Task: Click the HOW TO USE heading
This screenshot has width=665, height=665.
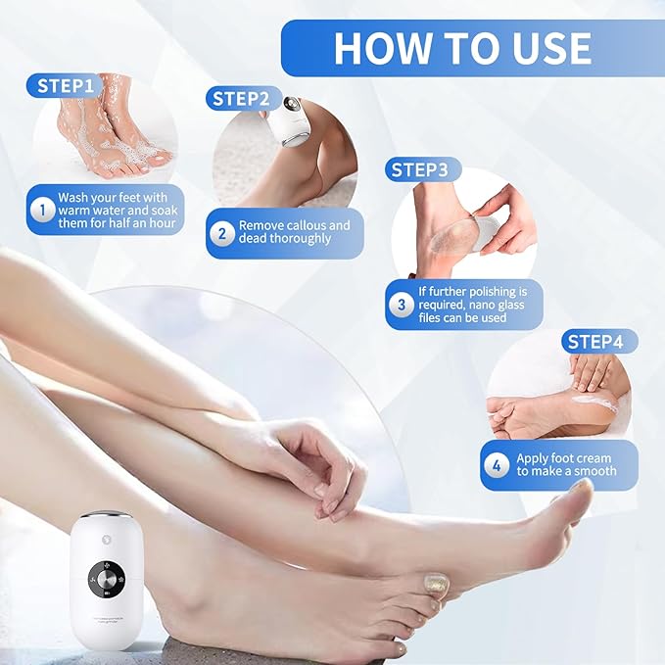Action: point(461,48)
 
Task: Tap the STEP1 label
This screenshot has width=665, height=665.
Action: point(66,85)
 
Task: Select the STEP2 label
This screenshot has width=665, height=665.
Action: point(241,99)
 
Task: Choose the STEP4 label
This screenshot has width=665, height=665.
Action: point(599,342)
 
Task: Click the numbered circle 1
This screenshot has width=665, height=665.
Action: point(42,210)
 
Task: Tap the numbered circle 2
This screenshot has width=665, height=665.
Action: point(222,232)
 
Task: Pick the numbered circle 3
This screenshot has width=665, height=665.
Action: point(401,305)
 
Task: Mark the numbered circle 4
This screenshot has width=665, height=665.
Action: point(497,465)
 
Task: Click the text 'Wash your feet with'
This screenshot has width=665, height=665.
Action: point(113,198)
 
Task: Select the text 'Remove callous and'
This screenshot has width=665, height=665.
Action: point(294,225)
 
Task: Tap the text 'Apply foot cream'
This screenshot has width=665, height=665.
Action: point(564,458)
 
